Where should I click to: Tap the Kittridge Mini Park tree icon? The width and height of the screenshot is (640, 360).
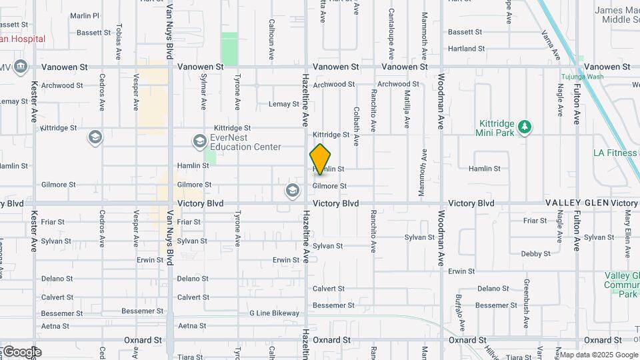[x=525, y=127]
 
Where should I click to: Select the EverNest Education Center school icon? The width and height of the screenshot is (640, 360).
[x=199, y=141]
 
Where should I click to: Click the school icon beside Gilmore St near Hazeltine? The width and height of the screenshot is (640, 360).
[x=292, y=191]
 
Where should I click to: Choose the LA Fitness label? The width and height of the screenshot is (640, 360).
[x=615, y=153]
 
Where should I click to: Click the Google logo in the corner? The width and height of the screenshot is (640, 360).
[x=21, y=351]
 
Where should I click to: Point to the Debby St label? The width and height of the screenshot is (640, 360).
[x=535, y=253]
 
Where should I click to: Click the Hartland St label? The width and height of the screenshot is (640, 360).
[x=466, y=49]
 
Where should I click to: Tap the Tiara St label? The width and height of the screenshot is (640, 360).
[x=190, y=357]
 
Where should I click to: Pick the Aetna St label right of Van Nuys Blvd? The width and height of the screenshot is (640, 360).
[x=192, y=326]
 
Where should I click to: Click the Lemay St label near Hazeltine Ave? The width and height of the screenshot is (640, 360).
[x=283, y=104]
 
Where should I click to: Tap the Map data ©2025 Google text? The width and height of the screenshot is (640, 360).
[x=599, y=355]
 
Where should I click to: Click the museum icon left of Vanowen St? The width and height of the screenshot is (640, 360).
[x=20, y=67]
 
